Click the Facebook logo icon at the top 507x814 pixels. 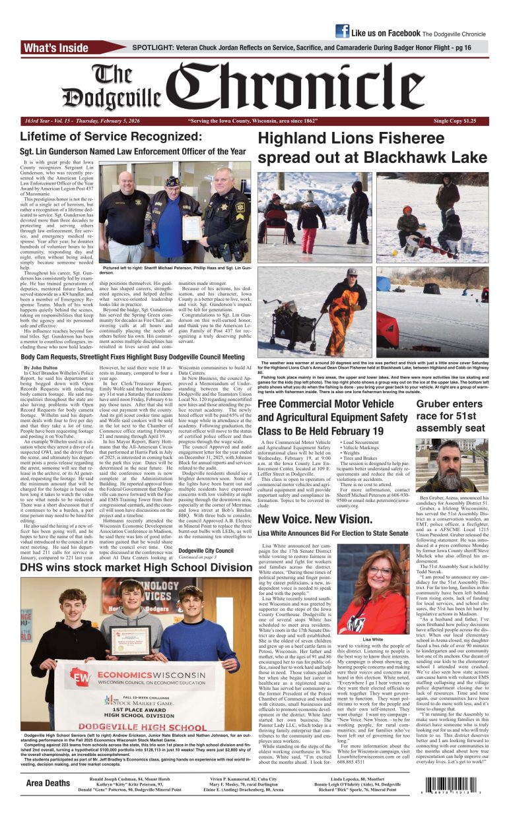(342, 31)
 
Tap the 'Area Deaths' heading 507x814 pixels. (48, 783)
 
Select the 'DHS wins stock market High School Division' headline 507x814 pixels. (136, 567)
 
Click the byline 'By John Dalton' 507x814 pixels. (41, 367)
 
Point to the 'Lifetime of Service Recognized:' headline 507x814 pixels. (100, 137)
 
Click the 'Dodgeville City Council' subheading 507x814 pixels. (205, 550)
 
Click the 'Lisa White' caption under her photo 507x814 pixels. (372, 639)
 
